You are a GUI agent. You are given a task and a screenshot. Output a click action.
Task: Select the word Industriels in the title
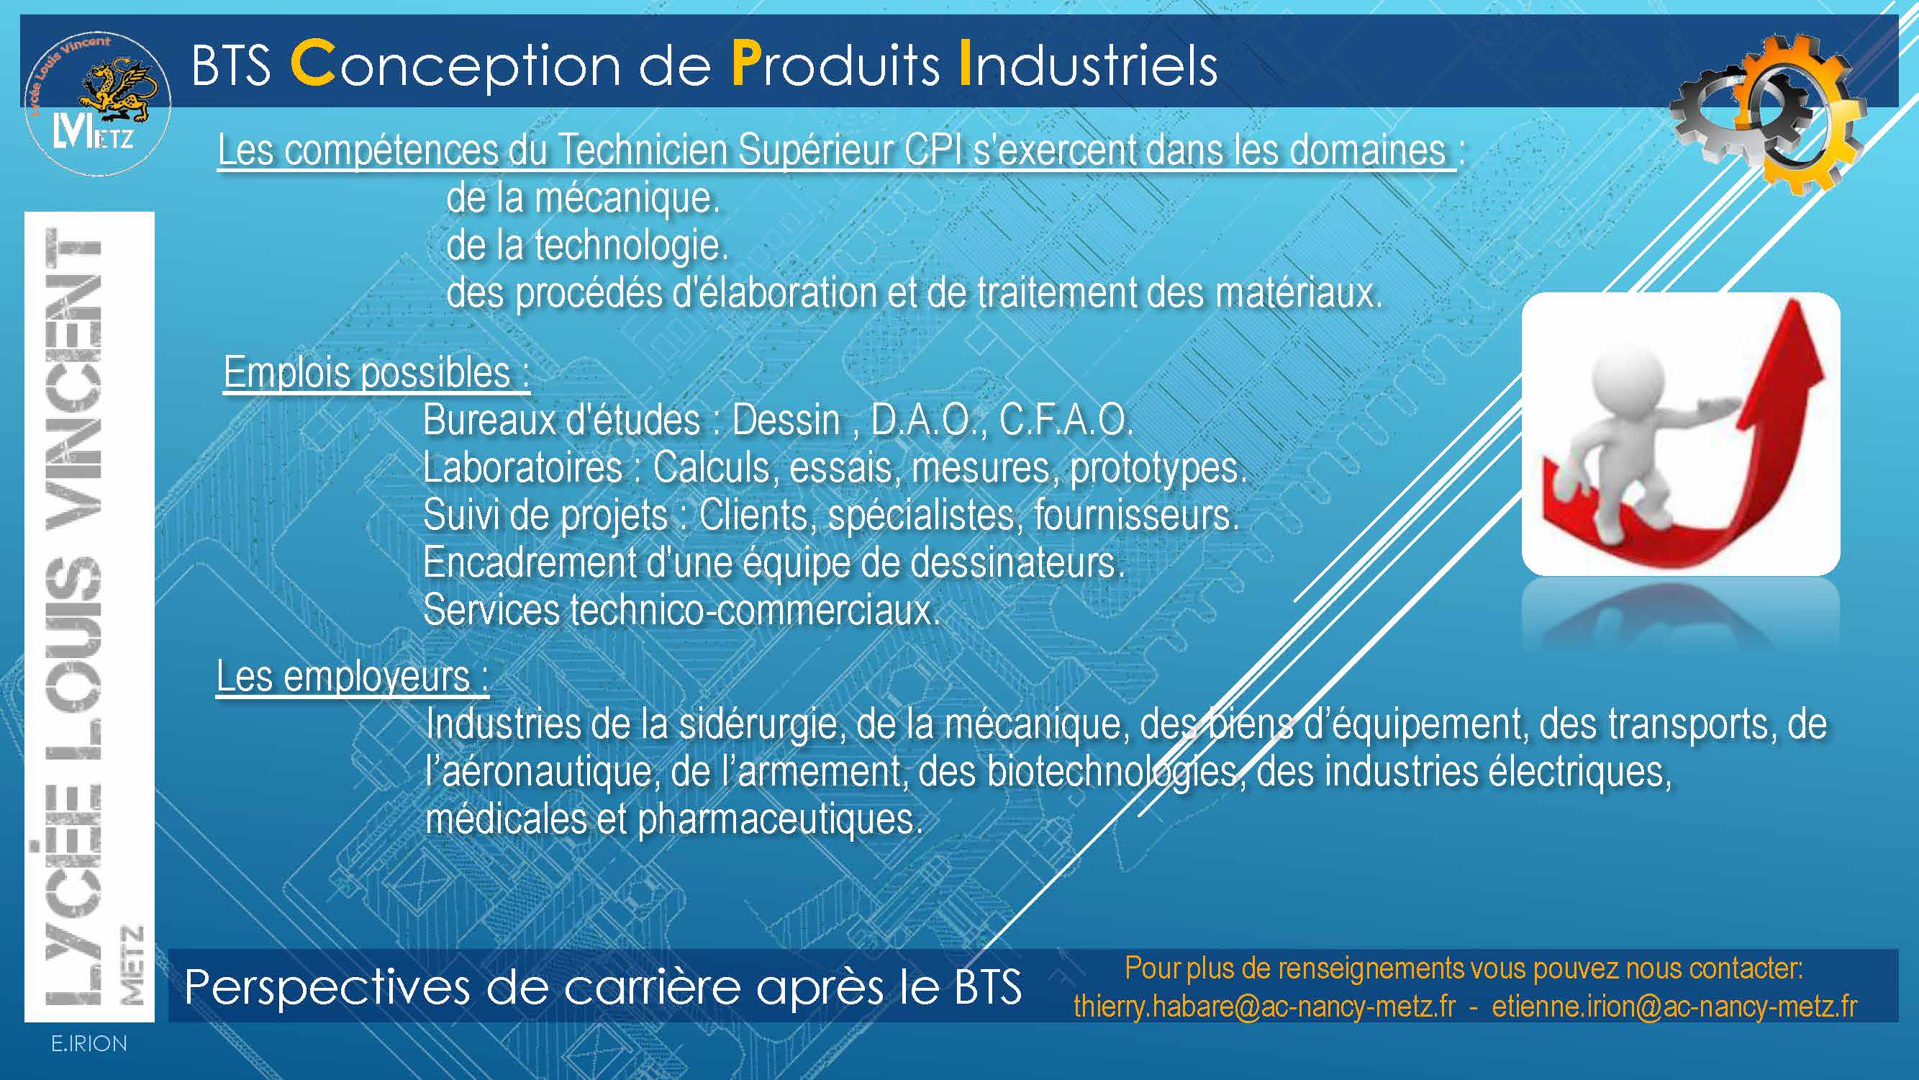coord(1089,64)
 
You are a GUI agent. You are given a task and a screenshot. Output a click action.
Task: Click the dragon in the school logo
coord(119,93)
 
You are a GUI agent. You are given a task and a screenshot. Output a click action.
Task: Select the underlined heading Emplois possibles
coord(376,373)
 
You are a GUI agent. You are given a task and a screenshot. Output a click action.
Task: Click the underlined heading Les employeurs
coord(353,677)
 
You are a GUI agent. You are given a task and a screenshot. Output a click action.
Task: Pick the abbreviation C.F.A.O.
coord(1066,420)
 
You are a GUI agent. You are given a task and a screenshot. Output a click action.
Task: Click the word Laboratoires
coord(522,468)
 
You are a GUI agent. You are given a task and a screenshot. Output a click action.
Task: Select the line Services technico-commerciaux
coord(681,611)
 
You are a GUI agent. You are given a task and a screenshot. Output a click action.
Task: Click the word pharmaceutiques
coord(780,820)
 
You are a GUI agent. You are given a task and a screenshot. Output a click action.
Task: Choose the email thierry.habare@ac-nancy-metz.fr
coord(1264,1007)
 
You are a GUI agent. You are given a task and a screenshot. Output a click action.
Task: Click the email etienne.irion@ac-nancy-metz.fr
coord(1674,1007)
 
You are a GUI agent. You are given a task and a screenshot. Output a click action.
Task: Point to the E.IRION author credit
coord(89,1044)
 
